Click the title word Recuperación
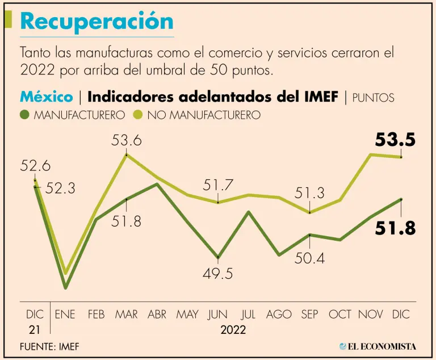(x=97, y=22)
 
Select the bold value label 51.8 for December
(x=395, y=228)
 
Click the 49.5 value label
(x=218, y=274)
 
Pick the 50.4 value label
(x=310, y=259)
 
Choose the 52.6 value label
(x=35, y=166)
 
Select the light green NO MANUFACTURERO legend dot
(x=138, y=114)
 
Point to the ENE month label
(x=65, y=314)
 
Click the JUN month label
(x=218, y=314)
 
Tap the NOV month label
(x=371, y=314)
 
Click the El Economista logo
(x=378, y=346)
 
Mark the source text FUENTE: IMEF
(x=49, y=346)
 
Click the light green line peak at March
(x=126, y=154)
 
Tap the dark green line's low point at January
(x=65, y=287)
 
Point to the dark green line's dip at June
(x=218, y=257)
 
